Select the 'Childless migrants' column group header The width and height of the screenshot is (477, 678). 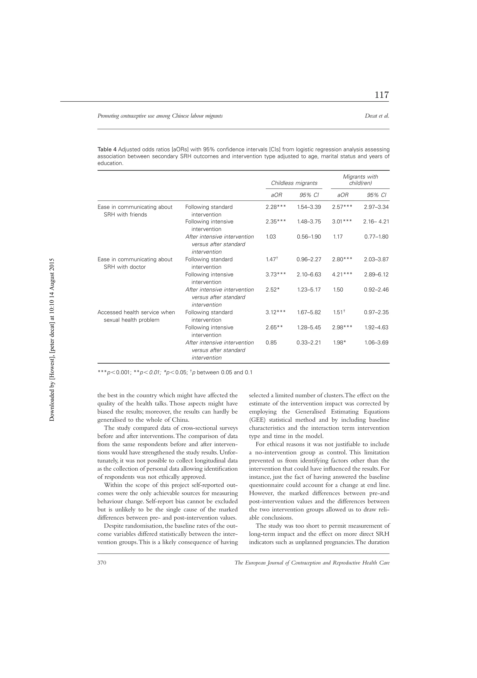pos(294,183)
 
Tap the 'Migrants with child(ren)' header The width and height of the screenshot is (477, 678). pos(360,180)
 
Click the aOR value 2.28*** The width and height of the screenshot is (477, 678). pos(275,207)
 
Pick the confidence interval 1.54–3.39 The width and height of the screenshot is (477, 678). pos(309,207)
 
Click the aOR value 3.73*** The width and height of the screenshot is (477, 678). pos(275,275)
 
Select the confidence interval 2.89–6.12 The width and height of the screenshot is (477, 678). pos(376,275)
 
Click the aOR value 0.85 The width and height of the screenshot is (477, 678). pos(271,343)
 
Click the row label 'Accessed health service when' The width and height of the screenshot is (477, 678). pos(136,312)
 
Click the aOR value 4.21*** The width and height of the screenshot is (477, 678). pos(342,275)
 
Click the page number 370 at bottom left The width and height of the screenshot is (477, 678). pos(102,563)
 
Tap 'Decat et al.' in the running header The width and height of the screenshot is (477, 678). pos(377,116)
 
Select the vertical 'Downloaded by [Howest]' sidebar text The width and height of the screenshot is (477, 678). pos(52,340)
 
